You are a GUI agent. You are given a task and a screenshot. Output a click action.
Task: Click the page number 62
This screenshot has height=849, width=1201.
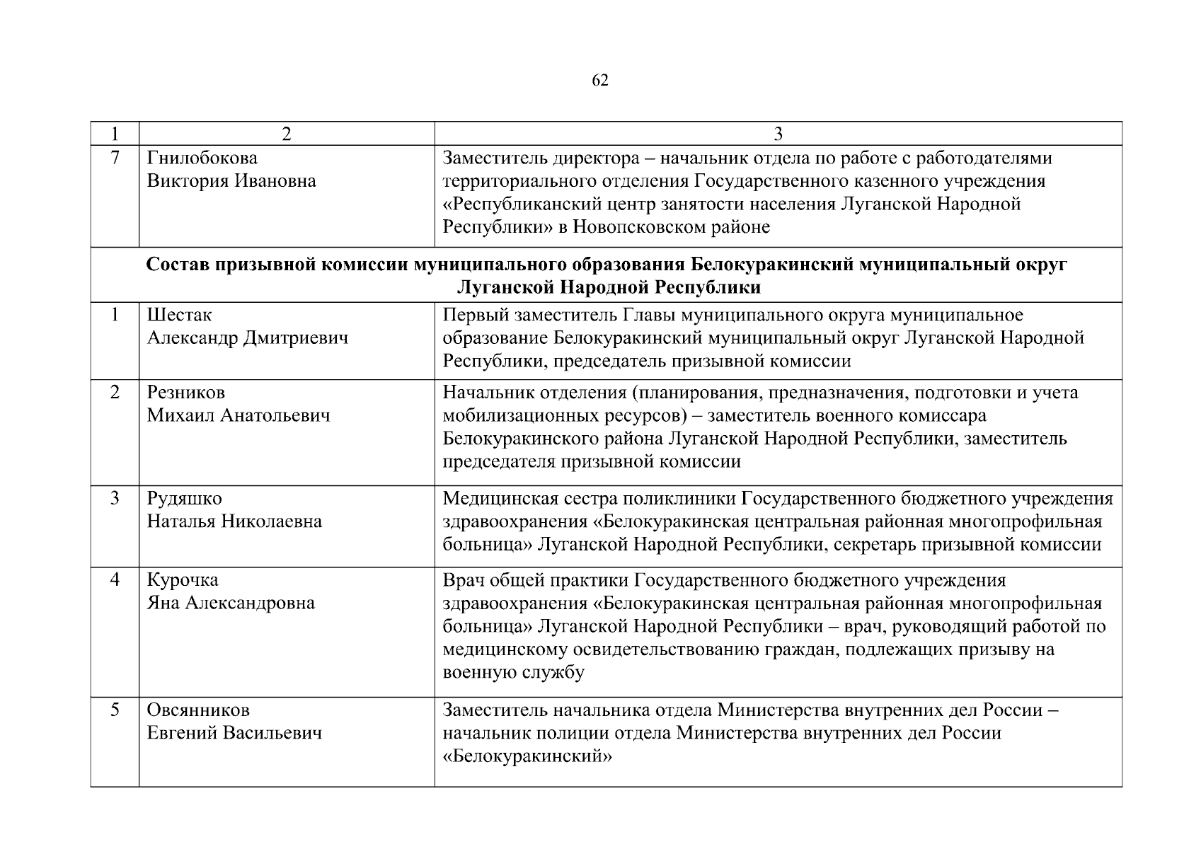pyautogui.click(x=599, y=81)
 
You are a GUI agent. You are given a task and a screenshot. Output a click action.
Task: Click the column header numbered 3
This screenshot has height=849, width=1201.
pyautogui.click(x=778, y=134)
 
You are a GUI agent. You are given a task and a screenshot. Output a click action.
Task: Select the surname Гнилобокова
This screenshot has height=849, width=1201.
pyautogui.click(x=202, y=158)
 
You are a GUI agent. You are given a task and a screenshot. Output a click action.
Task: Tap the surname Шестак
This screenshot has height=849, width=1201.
pyautogui.click(x=179, y=315)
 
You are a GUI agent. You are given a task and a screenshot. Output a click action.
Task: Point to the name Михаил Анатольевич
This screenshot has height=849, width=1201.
pyautogui.click(x=239, y=415)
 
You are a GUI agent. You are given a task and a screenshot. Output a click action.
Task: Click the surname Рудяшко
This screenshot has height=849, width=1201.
pyautogui.click(x=184, y=498)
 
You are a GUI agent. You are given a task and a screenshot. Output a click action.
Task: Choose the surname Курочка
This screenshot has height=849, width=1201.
pyautogui.click(x=183, y=580)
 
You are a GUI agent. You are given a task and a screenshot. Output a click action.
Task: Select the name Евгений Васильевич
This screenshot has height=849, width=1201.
pyautogui.click(x=234, y=733)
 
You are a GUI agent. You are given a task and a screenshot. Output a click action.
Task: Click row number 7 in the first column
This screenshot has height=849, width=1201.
pyautogui.click(x=115, y=158)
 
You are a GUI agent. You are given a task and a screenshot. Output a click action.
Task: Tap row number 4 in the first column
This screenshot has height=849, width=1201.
pyautogui.click(x=115, y=580)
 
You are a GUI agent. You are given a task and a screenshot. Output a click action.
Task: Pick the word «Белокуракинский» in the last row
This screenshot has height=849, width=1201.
pyautogui.click(x=527, y=756)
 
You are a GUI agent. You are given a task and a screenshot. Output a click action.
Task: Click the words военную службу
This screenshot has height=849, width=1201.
pyautogui.click(x=514, y=672)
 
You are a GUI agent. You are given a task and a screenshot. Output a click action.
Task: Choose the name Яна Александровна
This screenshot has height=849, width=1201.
pyautogui.click(x=231, y=603)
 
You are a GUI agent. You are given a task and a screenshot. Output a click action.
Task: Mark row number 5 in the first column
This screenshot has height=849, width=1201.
pyautogui.click(x=115, y=710)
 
